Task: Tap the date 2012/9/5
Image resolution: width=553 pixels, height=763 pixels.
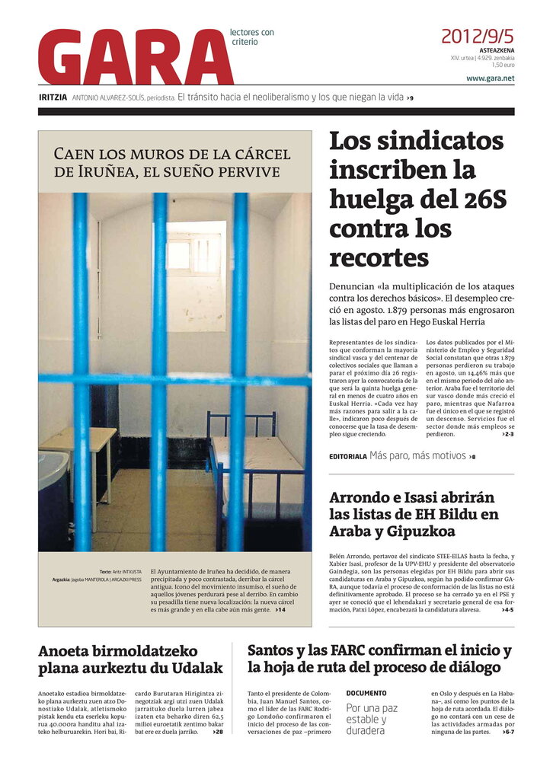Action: click(x=478, y=36)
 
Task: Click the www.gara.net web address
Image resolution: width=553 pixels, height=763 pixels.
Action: click(x=490, y=78)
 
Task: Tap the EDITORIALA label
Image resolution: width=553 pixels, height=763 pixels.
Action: click(x=347, y=457)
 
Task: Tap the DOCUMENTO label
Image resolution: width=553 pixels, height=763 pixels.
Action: click(x=366, y=694)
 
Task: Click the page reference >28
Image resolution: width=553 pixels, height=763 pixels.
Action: click(x=217, y=732)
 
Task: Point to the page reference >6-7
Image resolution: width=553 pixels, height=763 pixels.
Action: click(x=508, y=732)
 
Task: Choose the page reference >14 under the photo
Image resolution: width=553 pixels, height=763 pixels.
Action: click(x=280, y=610)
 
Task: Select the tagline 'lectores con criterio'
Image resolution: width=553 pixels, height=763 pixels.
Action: click(x=251, y=37)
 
